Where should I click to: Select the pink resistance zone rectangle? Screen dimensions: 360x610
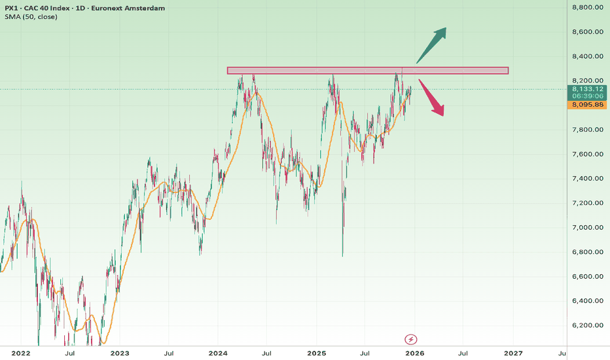(367, 70)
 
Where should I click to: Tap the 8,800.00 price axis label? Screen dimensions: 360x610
(586, 7)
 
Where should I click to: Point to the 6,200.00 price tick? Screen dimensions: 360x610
(586, 325)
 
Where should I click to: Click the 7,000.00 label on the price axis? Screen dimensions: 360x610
(586, 228)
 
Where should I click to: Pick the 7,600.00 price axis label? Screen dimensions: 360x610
(586, 154)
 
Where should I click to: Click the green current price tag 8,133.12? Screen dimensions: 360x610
(587, 88)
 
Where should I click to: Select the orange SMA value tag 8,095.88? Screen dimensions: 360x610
(587, 105)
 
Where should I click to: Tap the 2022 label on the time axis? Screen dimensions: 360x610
(21, 353)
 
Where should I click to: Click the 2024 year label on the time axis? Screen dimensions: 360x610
(217, 353)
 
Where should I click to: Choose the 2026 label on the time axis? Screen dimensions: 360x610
(414, 353)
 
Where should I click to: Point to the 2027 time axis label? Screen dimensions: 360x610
(512, 353)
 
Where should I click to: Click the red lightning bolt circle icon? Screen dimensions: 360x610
(410, 340)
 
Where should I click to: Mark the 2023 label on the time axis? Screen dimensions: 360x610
(119, 353)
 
